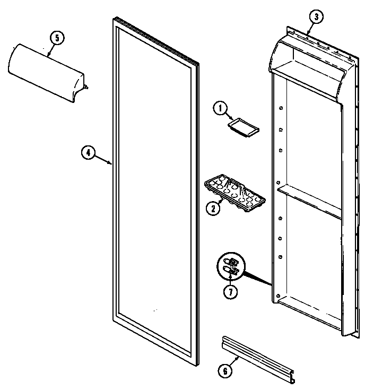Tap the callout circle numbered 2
213,208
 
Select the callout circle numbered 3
316,17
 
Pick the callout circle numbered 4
89,153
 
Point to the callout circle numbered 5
56,38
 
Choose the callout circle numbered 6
224,371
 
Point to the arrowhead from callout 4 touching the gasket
111,163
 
